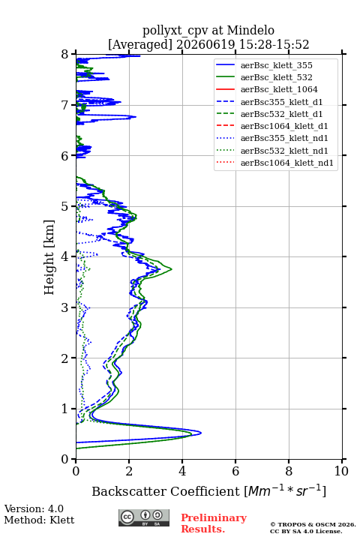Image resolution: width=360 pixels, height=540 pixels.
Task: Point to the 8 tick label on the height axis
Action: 65,54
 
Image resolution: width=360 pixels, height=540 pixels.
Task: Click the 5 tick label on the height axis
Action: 65,206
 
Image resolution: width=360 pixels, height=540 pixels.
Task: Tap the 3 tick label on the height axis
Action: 65,307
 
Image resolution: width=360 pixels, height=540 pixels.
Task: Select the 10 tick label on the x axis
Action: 341,471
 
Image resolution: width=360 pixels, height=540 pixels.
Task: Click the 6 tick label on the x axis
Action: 235,471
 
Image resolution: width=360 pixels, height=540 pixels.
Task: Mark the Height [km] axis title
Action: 49,257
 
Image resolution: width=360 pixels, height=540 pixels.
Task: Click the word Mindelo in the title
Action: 250,30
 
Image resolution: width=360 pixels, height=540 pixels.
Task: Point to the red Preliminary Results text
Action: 214,523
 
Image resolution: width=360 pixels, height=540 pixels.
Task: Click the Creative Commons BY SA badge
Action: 144,518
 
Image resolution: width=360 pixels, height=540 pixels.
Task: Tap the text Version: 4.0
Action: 34,508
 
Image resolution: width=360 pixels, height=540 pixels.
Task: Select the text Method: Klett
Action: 39,520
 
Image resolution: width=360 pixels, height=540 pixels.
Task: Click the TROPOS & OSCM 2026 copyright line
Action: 313,524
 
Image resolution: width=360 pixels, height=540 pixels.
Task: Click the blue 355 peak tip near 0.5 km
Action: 201,433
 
